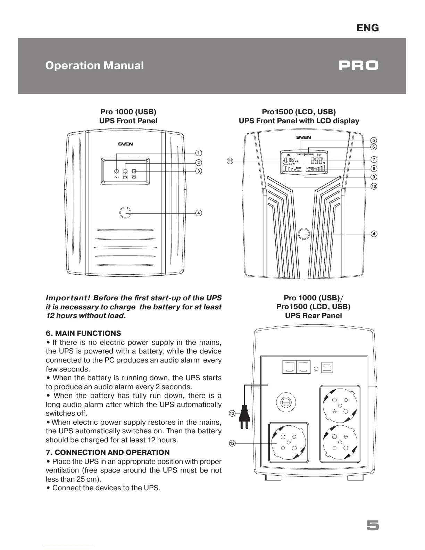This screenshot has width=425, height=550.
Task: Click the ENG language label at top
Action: tap(368, 28)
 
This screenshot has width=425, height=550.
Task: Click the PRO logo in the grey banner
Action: tap(358, 66)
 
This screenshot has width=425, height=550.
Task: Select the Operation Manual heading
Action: tap(94, 66)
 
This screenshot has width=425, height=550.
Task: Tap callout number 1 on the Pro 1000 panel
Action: tap(198, 153)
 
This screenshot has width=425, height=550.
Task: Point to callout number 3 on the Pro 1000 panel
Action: tap(198, 171)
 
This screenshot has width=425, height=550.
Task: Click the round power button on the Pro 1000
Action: tap(125, 212)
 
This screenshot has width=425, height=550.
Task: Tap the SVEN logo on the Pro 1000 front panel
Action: tap(125, 144)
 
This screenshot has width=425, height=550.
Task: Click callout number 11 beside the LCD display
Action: tap(230, 161)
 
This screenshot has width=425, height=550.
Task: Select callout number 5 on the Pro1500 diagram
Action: tap(374, 140)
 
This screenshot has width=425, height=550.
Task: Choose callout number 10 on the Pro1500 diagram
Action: tap(374, 186)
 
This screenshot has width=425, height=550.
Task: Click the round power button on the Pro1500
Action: tap(304, 234)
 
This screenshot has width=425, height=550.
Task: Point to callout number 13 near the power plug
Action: tap(232, 413)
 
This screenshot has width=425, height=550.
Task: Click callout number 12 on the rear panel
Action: tap(232, 443)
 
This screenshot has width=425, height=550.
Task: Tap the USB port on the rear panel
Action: tap(327, 368)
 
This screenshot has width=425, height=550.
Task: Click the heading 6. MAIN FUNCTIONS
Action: tap(83, 333)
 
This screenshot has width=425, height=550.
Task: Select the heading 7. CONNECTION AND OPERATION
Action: tap(108, 452)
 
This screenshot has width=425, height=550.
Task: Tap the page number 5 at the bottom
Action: tap(373, 526)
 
